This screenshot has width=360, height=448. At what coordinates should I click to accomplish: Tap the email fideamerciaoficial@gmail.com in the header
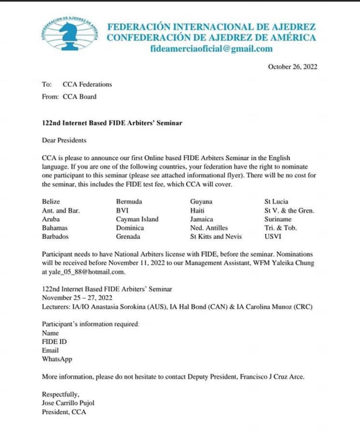click(211, 49)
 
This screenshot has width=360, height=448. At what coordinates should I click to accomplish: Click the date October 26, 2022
click(292, 67)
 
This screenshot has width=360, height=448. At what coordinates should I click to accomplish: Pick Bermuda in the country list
click(129, 202)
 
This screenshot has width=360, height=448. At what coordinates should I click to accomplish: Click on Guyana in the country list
click(201, 202)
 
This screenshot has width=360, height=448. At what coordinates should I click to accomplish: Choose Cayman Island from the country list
click(137, 219)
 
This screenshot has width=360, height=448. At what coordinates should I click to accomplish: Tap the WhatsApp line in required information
click(57, 359)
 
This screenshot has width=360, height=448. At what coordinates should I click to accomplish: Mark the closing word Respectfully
click(60, 394)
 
